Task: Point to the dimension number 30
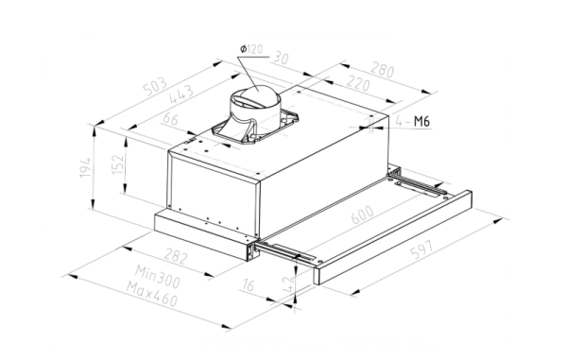[x=282, y=59]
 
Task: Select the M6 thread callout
[x=421, y=122]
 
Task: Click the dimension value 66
[x=171, y=120]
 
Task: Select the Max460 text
[x=155, y=302]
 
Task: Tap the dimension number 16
[x=248, y=285]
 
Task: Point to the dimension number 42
[x=285, y=280]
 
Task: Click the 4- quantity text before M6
[x=401, y=122]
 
